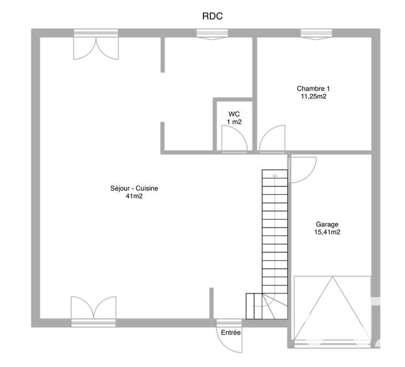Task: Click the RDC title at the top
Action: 213,16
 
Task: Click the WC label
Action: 234,114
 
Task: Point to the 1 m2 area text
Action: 234,122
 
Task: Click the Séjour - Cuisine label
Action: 134,188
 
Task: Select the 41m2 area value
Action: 134,196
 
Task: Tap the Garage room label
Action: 327,224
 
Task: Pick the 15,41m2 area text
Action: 327,232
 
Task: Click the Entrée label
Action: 230,333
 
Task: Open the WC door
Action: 234,138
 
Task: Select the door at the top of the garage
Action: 303,169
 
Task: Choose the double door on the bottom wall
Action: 93,308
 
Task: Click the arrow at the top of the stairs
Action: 274,175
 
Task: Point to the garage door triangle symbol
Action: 332,309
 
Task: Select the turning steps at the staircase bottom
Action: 261,306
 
